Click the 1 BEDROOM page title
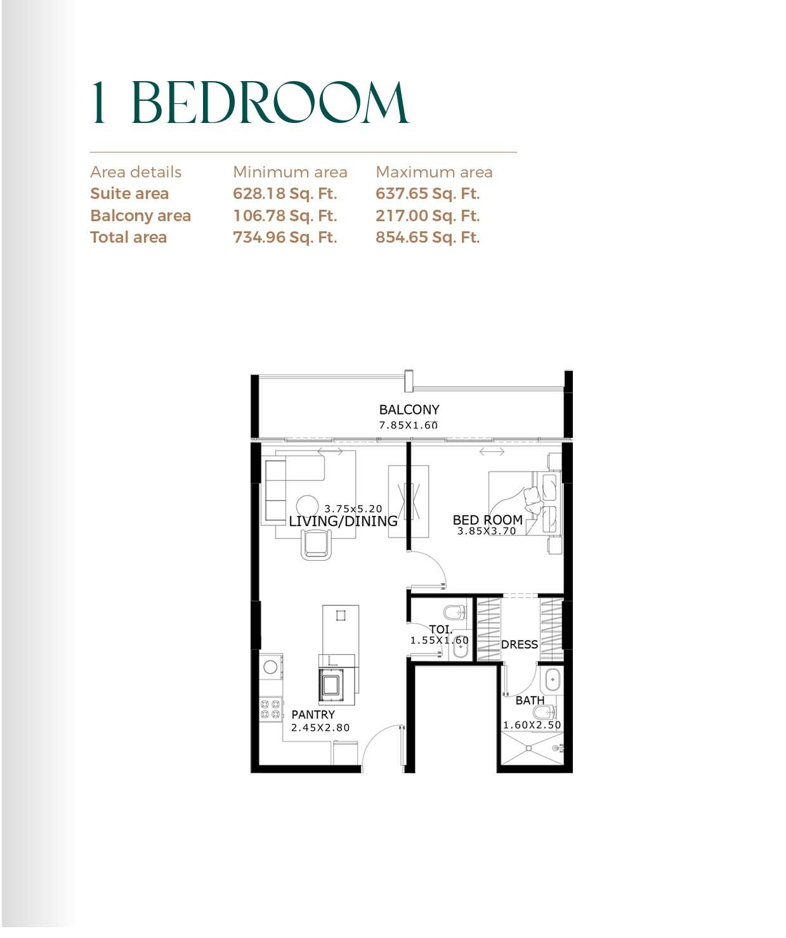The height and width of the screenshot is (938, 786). point(250,103)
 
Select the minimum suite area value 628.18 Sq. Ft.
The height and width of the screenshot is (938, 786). point(285,193)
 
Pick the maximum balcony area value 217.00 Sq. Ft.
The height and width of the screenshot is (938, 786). point(428,215)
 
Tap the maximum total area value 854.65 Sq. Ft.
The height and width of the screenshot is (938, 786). point(428,237)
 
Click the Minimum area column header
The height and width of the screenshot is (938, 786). point(290,172)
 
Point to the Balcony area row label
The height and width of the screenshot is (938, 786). point(141,215)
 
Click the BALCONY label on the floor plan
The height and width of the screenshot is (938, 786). point(409,409)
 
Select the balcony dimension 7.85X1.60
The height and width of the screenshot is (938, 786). point(409,425)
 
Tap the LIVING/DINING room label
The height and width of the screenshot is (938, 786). point(343,521)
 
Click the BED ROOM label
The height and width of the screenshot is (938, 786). point(487,520)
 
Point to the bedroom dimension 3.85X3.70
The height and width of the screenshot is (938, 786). point(487,531)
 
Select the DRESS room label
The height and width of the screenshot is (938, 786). point(520,645)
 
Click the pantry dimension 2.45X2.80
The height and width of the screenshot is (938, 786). point(320,728)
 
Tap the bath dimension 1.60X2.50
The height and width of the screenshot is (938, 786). point(532,725)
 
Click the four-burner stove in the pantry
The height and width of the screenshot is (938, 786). point(271,709)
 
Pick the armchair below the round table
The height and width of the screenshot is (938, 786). point(316,544)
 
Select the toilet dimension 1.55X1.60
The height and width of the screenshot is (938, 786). point(440,640)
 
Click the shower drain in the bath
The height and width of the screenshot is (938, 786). point(529,748)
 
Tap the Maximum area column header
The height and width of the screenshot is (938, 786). point(434,172)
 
